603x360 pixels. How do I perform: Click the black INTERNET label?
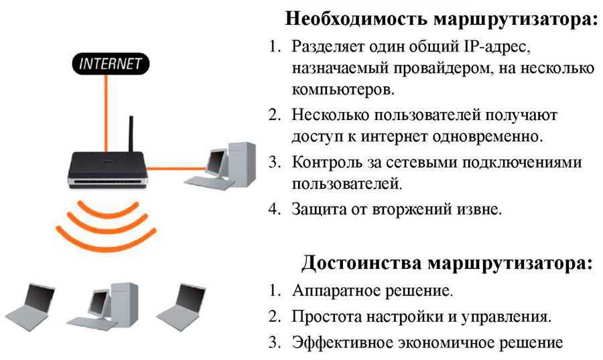tap(111, 65)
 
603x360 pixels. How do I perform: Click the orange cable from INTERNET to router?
tap(105, 114)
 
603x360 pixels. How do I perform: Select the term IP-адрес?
tap(503, 48)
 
